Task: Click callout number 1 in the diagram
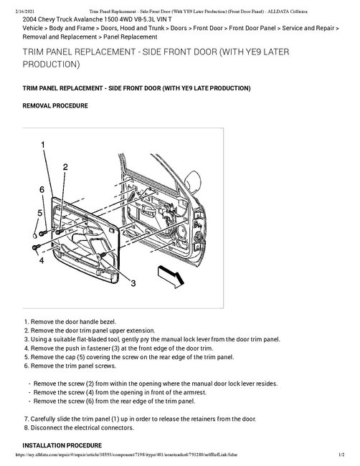coord(43,145)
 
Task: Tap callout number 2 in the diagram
coord(65,167)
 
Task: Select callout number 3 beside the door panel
coord(133,283)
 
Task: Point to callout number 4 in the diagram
coord(42,260)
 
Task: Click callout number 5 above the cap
coord(40,213)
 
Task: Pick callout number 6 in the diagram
coord(42,189)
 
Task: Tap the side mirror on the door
coord(193,182)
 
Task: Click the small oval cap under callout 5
coord(34,236)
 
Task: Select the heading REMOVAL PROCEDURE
coord(55,106)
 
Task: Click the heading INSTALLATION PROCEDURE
coord(62,445)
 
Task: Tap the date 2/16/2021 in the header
coord(24,11)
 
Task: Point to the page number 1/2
coord(341,455)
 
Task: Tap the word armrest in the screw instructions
coord(194,392)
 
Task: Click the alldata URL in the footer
coord(126,455)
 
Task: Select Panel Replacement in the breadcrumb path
coord(131,37)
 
